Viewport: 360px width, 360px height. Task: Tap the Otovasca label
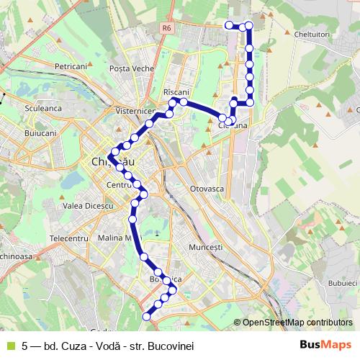click(x=209, y=188)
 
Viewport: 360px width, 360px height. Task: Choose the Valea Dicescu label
click(x=89, y=206)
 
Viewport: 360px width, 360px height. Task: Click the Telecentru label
click(x=69, y=238)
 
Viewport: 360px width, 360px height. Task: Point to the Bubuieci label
click(x=337, y=284)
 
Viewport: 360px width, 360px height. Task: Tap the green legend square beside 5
click(x=9, y=343)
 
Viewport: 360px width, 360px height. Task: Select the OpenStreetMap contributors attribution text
click(x=297, y=323)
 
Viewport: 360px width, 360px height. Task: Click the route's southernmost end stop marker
click(x=146, y=316)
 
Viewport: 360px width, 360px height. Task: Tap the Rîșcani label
click(x=176, y=92)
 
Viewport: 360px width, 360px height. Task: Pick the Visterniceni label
click(x=135, y=112)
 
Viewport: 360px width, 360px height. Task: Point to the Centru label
click(x=116, y=185)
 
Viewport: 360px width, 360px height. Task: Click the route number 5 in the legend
click(x=25, y=343)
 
